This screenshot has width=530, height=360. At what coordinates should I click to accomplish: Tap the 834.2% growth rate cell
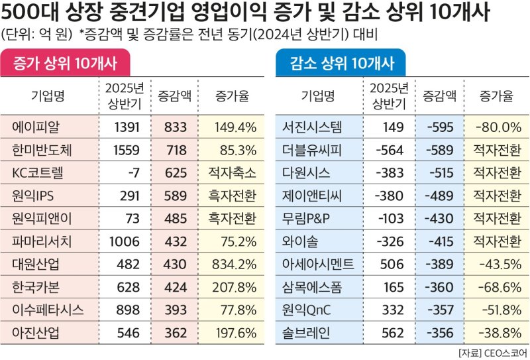tap(233, 263)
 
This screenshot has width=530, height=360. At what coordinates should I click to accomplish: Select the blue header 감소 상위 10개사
tap(342, 64)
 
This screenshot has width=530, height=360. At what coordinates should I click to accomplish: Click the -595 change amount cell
tap(440, 126)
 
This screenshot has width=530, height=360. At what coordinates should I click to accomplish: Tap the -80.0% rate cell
tap(498, 126)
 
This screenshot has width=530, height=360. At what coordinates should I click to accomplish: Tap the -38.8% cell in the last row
tap(498, 332)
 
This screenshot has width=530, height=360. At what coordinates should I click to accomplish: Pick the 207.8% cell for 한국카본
tap(233, 286)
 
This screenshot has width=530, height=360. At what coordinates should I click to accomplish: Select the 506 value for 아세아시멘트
tap(390, 263)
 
